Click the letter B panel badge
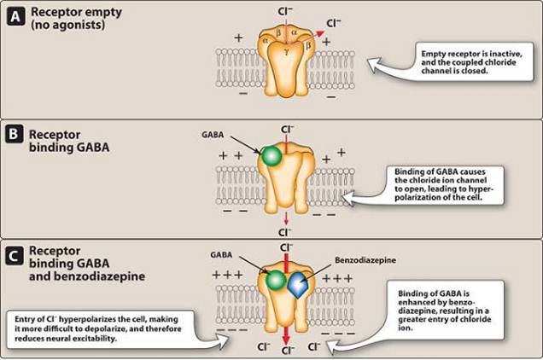(14, 136)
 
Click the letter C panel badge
(14, 253)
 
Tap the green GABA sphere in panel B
(271, 157)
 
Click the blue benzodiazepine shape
(296, 285)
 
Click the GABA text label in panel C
(220, 255)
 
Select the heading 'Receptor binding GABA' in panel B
(65, 142)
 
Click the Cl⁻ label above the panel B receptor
(287, 129)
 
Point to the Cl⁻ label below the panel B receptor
(283, 232)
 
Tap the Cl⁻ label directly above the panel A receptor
(286, 12)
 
